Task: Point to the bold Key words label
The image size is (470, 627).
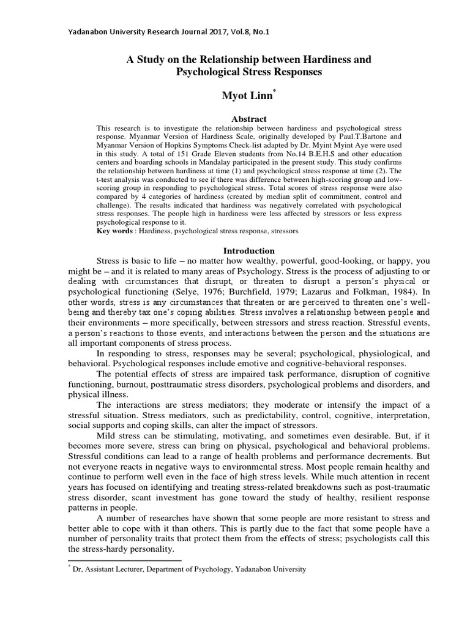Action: [x=114, y=233]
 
